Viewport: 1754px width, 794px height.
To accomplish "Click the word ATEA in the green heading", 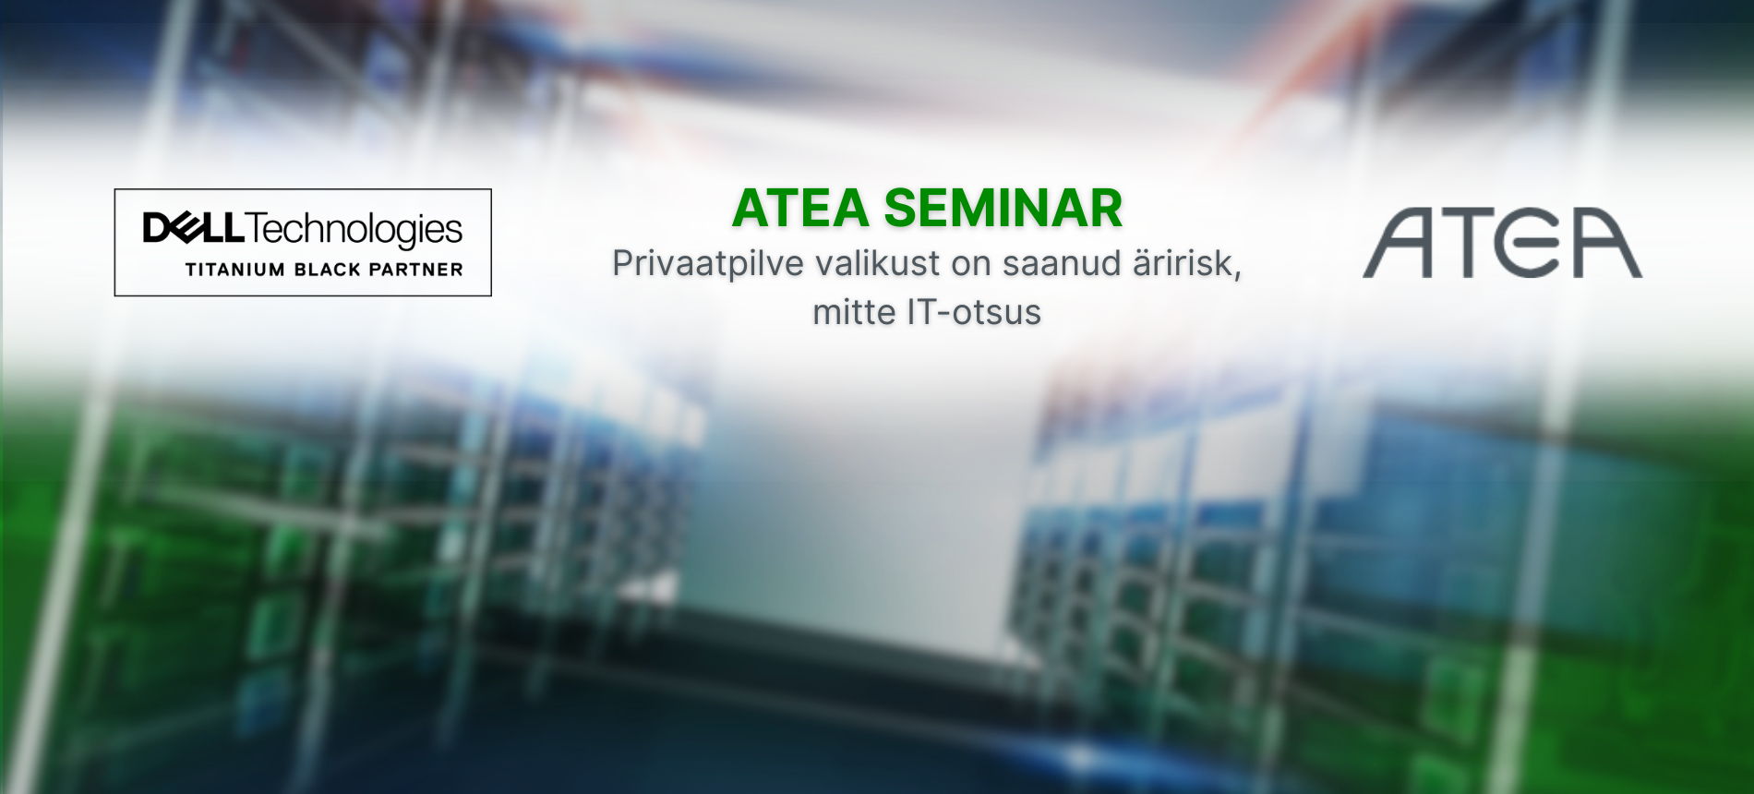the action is (800, 208).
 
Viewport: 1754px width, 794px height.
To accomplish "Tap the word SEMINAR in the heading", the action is (1003, 208).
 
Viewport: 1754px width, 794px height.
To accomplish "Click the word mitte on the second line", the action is (854, 312).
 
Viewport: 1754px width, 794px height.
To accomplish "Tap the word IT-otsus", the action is (974, 312).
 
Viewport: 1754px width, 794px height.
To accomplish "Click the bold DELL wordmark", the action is (194, 228).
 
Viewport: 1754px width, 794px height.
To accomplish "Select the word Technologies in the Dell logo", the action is (354, 230).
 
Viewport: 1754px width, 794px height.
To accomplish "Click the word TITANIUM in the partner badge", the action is (235, 270).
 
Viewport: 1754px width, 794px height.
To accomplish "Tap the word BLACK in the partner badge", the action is (327, 270).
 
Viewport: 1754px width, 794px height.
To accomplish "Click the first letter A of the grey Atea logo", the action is (1398, 243).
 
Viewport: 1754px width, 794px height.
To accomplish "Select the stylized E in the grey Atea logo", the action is (1532, 243).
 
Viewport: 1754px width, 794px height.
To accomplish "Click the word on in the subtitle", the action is (971, 265).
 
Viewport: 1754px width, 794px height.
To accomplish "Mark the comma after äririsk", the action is (1237, 276).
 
